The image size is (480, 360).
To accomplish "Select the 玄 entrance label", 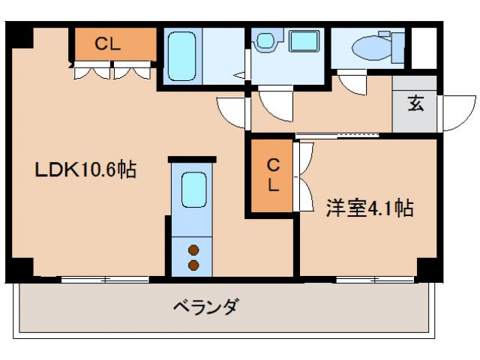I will pos(416,104).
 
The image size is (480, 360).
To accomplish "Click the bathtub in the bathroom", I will pos(181,55).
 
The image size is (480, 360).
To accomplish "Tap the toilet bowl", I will pos(373,48).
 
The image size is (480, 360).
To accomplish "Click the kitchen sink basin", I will pos(194,190).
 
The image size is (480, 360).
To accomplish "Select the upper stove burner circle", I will pos(193,250).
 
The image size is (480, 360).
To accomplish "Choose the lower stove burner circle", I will pos(193,265).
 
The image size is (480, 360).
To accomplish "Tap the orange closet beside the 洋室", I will pos(273,177).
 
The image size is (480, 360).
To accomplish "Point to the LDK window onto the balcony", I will pos(105,280).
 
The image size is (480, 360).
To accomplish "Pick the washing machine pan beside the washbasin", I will pos(304,43).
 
